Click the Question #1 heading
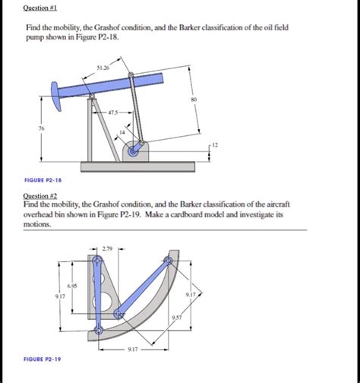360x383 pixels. point(40,8)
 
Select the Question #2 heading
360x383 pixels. point(40,196)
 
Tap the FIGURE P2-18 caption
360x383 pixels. point(43,180)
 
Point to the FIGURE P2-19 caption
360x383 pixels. point(43,359)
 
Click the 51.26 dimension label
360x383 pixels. point(103,68)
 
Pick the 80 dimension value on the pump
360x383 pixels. point(194,100)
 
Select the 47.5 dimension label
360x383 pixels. point(113,112)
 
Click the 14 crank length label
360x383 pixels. point(122,132)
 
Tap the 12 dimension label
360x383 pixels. point(215,145)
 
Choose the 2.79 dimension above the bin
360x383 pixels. point(107,248)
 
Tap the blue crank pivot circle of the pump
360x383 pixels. point(133,152)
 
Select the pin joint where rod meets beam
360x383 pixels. point(131,74)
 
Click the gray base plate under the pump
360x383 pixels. point(138,166)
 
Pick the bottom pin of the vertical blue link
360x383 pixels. point(98,331)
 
